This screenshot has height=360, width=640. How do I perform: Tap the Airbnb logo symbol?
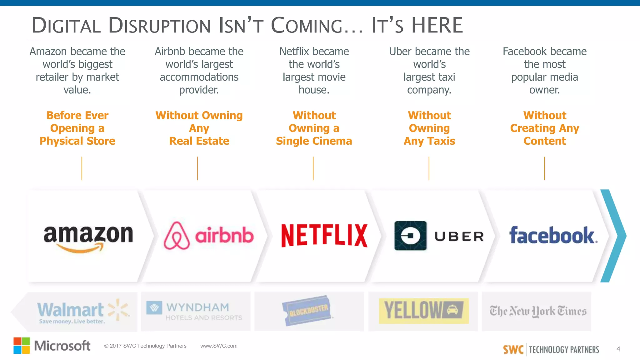click(177, 236)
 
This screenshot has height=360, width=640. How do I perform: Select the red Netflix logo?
click(324, 236)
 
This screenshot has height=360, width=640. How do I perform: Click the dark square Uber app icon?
click(410, 236)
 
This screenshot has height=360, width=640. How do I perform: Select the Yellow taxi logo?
click(423, 311)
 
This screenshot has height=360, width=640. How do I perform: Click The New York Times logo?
click(538, 311)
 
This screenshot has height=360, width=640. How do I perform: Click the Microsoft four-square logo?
click(22, 346)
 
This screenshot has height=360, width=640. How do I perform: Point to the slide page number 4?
click(618, 349)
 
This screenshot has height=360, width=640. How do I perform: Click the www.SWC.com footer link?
click(219, 346)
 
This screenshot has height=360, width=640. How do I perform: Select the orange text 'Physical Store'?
click(77, 141)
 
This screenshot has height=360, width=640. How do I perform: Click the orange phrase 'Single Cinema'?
click(314, 141)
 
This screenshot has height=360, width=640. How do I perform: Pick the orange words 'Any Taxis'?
click(429, 141)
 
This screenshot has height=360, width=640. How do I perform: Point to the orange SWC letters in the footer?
click(513, 349)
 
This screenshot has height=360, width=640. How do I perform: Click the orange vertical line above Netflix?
click(313, 168)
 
